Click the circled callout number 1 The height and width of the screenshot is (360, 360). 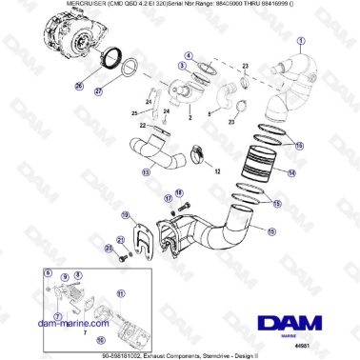click(x=303, y=41)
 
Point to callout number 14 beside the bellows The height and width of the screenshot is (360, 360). click(x=291, y=173)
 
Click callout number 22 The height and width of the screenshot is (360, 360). click(x=143, y=125)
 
